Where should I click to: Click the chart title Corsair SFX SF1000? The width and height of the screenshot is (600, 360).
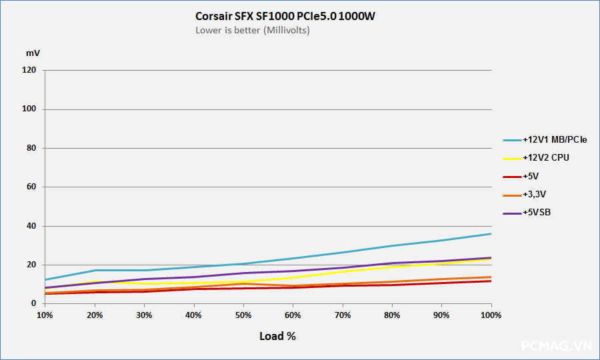[285, 16]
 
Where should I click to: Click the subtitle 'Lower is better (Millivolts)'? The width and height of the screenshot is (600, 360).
[253, 30]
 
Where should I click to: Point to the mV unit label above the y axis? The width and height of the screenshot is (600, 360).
[33, 52]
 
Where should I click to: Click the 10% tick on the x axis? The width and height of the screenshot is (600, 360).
[45, 315]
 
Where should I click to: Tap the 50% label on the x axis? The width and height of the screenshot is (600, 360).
[243, 315]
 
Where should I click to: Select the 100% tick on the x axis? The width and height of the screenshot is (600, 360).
[491, 315]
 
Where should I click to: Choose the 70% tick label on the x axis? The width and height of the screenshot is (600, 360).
[343, 315]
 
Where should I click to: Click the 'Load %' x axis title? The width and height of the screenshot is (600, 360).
[277, 336]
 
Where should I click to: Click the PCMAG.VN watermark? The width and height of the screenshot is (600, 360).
[556, 345]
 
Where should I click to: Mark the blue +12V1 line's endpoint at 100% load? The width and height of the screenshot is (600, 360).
[491, 233]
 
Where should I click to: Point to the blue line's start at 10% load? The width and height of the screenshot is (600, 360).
[45, 279]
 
